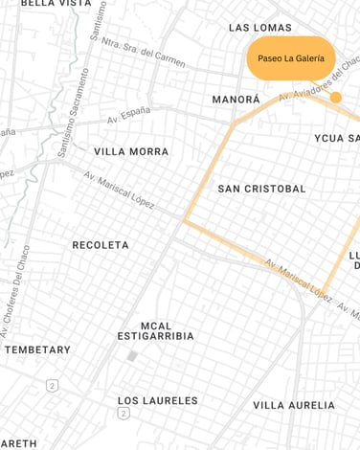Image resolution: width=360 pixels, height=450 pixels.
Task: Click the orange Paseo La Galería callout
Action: point(290,58)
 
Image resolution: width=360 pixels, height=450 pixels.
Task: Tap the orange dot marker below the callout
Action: point(335,98)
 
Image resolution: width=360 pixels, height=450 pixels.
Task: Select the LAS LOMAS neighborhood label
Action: point(259,28)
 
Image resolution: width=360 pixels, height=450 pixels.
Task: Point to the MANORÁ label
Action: point(236,100)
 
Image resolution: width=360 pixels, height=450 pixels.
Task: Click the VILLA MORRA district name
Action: point(131,151)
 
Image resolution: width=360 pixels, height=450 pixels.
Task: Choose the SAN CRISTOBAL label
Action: point(261,189)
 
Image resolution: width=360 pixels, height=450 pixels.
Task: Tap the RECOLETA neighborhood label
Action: point(101,245)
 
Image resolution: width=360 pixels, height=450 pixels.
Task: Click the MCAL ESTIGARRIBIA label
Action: point(155,331)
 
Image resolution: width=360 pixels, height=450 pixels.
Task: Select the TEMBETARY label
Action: point(37,349)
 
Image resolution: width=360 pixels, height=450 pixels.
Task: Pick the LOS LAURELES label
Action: point(158,400)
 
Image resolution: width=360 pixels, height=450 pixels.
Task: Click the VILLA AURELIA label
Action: point(294,405)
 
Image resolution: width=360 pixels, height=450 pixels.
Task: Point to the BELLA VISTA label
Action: point(56,4)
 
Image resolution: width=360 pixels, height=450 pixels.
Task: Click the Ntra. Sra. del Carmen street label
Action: point(143,55)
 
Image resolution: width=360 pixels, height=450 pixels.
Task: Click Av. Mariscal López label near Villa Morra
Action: point(119,190)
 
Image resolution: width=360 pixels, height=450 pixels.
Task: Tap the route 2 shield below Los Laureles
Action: point(124,414)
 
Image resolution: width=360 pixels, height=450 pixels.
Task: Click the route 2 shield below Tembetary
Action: point(52,385)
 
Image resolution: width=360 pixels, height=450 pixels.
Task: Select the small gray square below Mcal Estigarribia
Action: point(132,356)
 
